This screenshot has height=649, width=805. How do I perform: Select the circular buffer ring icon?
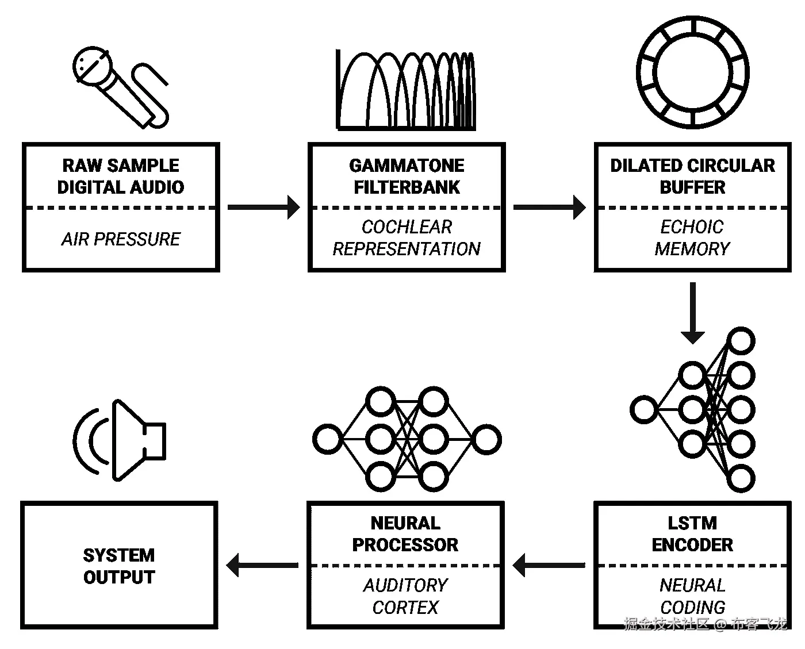click(x=693, y=72)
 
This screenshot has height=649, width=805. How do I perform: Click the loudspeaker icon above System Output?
click(x=124, y=440)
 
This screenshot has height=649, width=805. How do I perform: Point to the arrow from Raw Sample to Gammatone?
click(x=263, y=207)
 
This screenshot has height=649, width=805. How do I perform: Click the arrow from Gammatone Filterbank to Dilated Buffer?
click(x=549, y=207)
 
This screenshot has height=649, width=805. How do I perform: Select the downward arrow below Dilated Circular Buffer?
click(x=692, y=313)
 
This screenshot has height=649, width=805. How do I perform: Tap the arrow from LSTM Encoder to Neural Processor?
click(x=549, y=565)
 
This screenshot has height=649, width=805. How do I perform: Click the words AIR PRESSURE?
click(x=121, y=239)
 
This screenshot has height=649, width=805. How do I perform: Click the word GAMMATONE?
click(x=407, y=166)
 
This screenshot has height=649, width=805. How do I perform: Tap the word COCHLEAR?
click(x=407, y=227)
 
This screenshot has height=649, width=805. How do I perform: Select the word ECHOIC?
click(x=692, y=227)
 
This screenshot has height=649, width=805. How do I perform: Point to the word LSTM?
click(x=692, y=523)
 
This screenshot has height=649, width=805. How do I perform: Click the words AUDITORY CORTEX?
click(x=405, y=596)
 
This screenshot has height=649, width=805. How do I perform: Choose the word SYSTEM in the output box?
click(x=119, y=555)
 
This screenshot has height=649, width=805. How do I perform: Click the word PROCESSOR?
click(x=405, y=545)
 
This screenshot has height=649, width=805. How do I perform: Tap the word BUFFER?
click(x=692, y=187)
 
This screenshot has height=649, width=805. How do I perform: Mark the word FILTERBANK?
click(x=407, y=187)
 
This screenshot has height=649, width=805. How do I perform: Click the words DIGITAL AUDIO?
click(x=121, y=187)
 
